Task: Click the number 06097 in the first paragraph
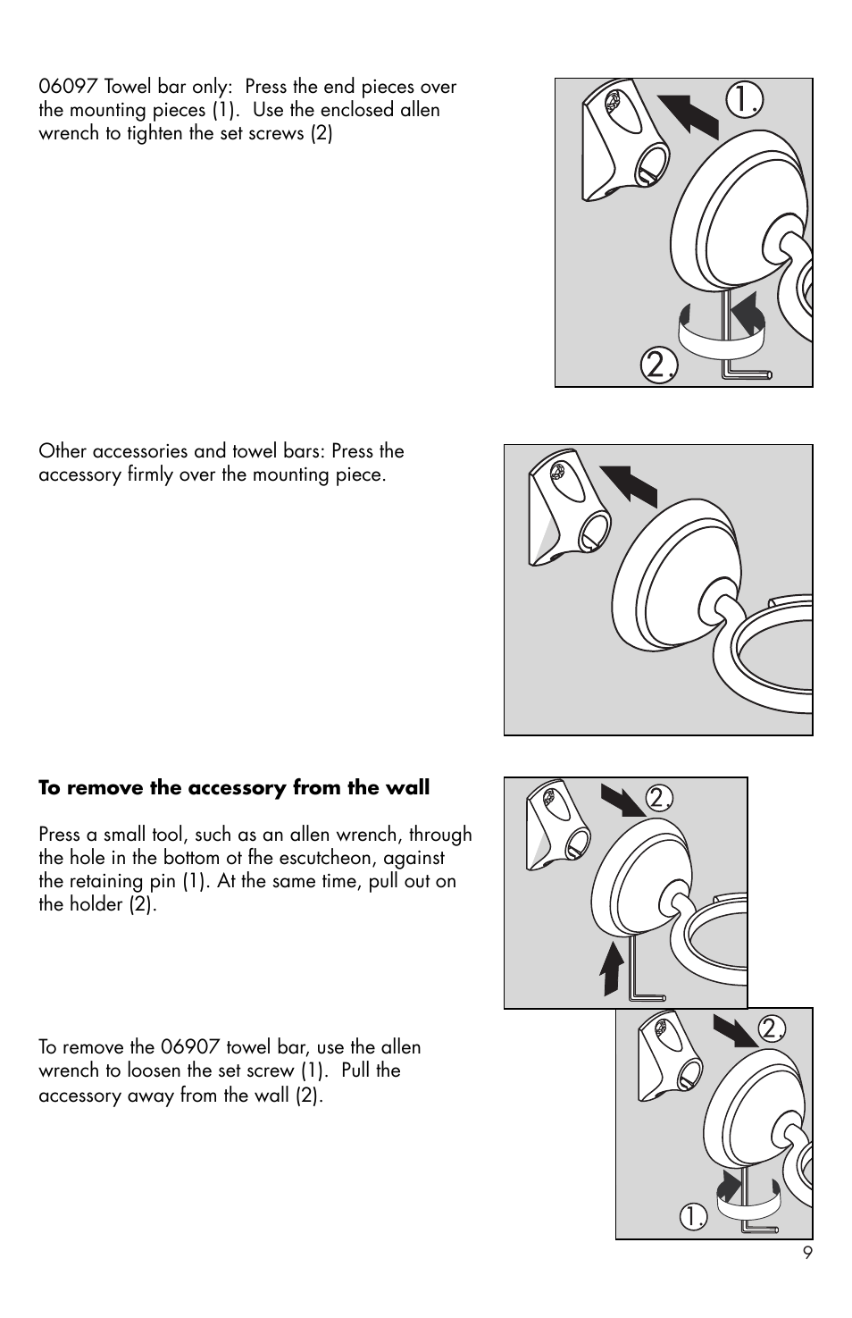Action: [x=69, y=88]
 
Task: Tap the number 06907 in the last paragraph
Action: [x=191, y=1047]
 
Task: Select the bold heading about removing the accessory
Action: [x=234, y=788]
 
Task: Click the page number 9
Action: [x=806, y=1253]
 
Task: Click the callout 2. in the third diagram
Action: [x=659, y=798]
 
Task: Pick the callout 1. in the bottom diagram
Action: [x=693, y=1216]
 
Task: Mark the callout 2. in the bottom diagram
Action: [x=772, y=1028]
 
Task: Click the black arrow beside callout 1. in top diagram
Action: [x=689, y=114]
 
